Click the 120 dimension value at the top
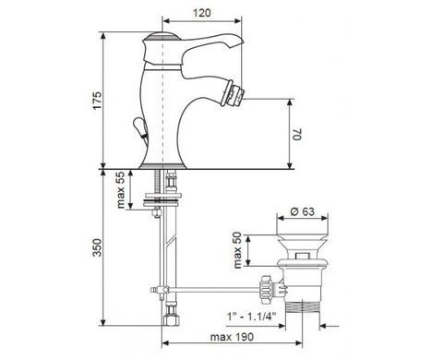pos(202,13)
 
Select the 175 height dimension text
pos(97,100)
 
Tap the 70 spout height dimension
pos(297,134)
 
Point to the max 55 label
pos(121,190)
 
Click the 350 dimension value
pos(97,247)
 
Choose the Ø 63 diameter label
pos(303,211)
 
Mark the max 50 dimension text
pos(238,250)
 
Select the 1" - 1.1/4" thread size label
pos(252,317)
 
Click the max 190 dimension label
pos(232,337)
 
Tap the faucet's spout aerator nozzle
pos(235,92)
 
